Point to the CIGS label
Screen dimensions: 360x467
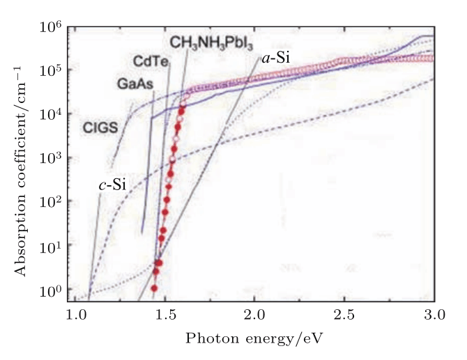[99, 128]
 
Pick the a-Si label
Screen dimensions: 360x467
[276, 58]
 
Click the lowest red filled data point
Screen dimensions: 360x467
[154, 288]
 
